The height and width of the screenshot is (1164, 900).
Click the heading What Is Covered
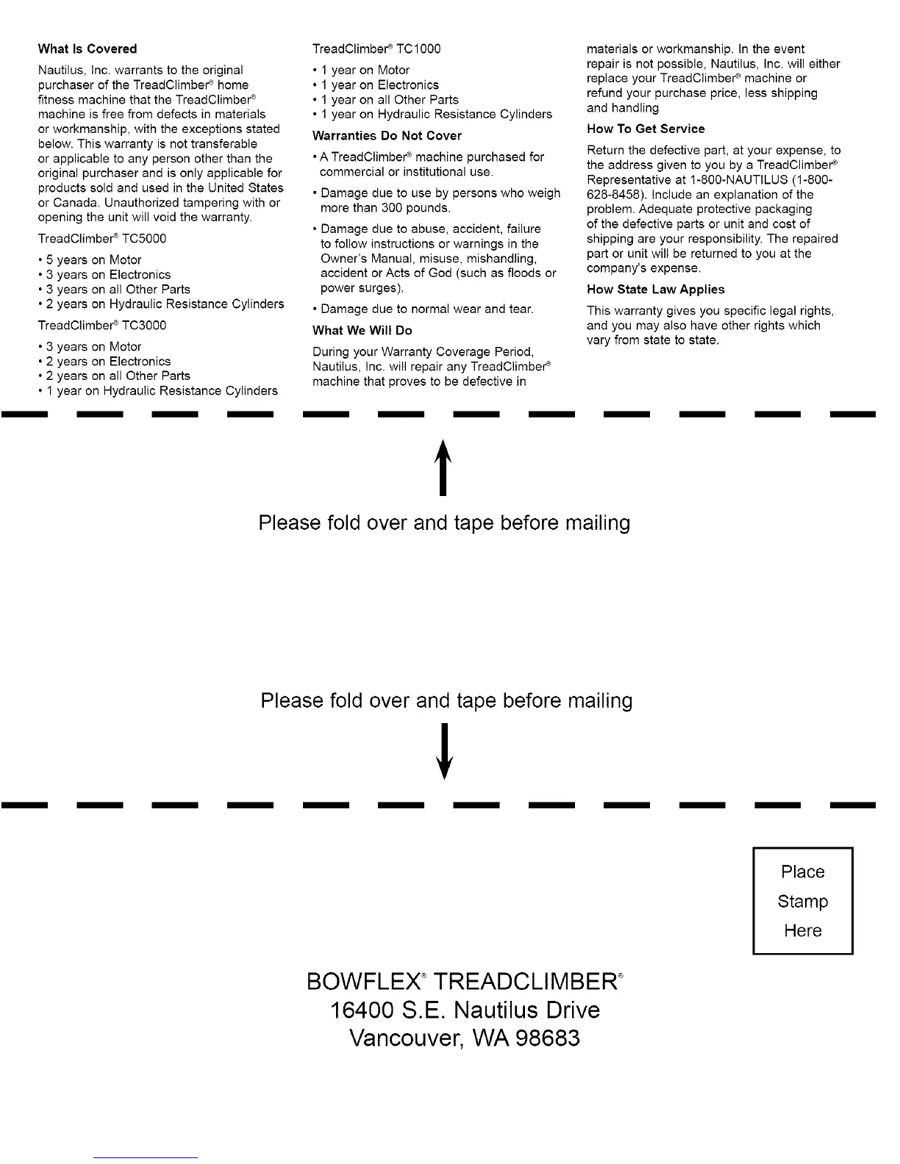pyautogui.click(x=87, y=49)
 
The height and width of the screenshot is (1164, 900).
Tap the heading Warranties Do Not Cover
pyautogui.click(x=387, y=136)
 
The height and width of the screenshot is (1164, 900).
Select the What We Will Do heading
pyautogui.click(x=362, y=331)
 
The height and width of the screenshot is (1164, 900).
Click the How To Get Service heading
pyautogui.click(x=646, y=129)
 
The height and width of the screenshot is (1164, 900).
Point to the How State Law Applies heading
pyautogui.click(x=655, y=290)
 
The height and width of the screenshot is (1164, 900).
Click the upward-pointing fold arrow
pyautogui.click(x=443, y=467)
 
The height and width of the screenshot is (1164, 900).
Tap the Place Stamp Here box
pyautogui.click(x=802, y=901)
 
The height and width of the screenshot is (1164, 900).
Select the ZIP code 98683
pyautogui.click(x=546, y=1038)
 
